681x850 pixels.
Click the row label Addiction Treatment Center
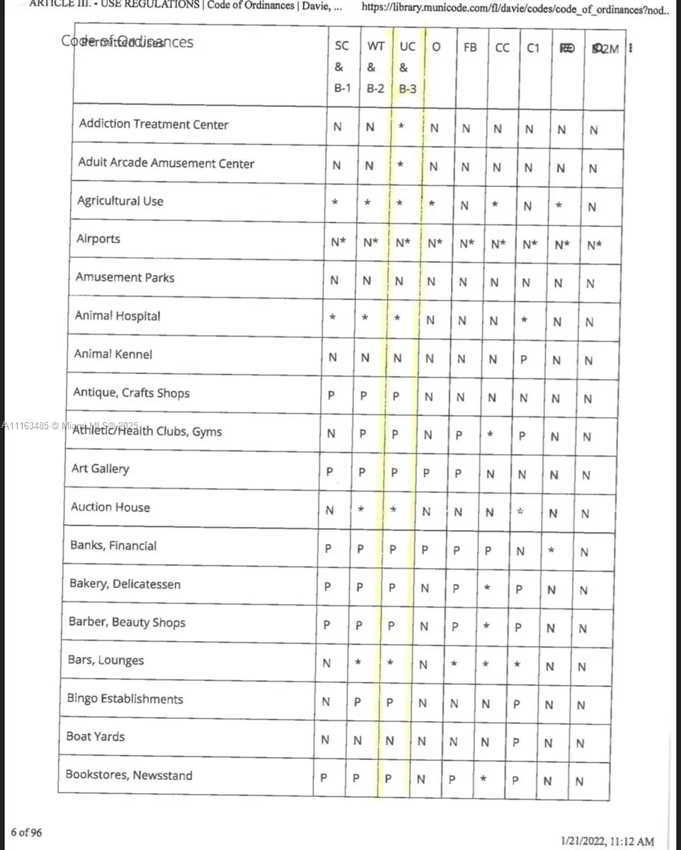point(154,125)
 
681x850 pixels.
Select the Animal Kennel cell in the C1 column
point(523,358)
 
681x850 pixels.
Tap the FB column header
point(470,47)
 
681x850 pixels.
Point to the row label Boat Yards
point(96,737)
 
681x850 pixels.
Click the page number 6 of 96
point(26,832)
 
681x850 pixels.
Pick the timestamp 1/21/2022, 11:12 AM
point(607,841)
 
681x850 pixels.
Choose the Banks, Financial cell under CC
point(488,550)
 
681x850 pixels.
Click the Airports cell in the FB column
point(467,244)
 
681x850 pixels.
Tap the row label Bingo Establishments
point(125,699)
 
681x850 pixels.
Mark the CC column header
point(502,47)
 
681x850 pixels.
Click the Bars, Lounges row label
point(105,660)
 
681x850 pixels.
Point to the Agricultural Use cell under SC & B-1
point(335,203)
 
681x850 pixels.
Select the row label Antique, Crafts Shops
point(132,392)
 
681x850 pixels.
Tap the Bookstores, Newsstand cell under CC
point(483,779)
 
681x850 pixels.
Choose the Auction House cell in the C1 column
point(520,511)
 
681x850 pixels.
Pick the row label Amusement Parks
point(125,278)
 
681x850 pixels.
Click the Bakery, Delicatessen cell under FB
point(457,588)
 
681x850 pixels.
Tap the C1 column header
point(533,47)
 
